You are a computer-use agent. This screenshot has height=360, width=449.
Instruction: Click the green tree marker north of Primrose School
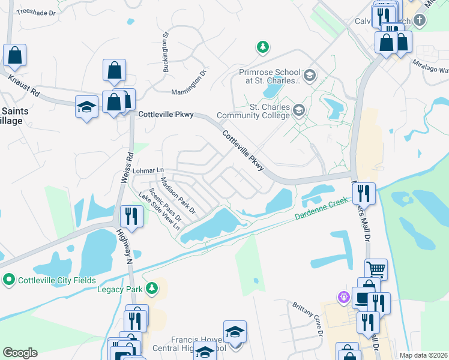pos(262,46)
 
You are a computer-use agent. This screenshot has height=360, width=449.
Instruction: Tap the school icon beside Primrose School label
pos(310,76)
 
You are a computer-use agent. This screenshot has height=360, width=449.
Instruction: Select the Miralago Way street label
pos(430,65)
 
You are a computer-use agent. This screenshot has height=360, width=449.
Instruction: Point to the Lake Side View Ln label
pos(159,212)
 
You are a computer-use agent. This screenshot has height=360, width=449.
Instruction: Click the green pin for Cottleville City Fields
pos(8,279)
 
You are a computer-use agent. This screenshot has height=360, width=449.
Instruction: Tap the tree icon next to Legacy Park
pos(152,289)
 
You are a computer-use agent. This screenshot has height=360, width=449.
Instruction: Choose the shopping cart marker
pos(376,269)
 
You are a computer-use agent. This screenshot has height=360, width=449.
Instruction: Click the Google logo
pos(20,353)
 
